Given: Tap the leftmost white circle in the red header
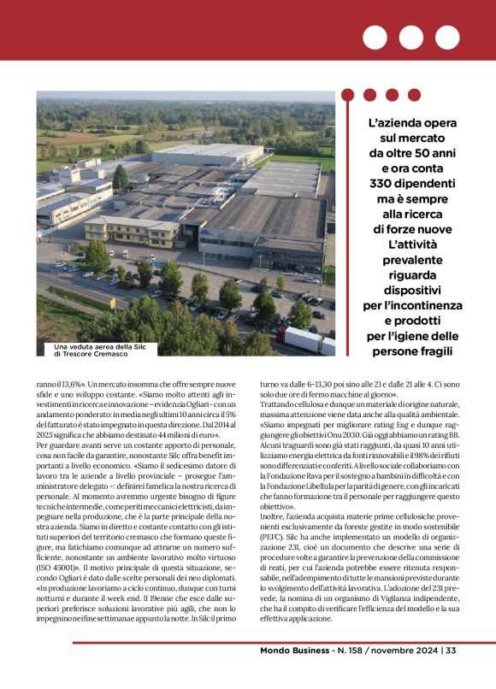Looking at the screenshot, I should click(x=375, y=37).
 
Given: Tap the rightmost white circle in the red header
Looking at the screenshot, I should click(x=447, y=37).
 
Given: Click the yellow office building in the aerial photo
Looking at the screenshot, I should click(x=132, y=230).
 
